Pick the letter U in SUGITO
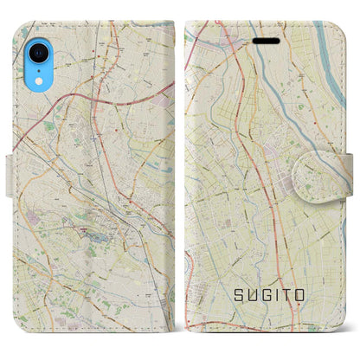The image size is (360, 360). (256, 295)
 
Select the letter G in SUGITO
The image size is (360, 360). (272, 295)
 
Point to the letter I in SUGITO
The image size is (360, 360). (285, 295)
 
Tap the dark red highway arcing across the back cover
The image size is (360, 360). (52, 112)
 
